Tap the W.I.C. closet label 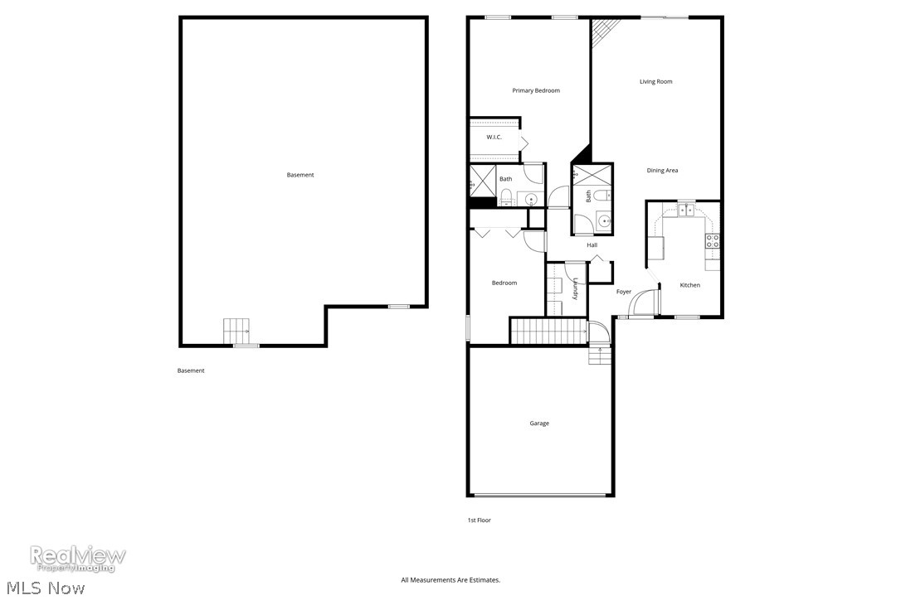(494, 137)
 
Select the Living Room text (655, 81)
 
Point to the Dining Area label (662, 171)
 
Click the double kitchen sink (686, 210)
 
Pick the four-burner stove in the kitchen (712, 241)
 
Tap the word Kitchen (689, 285)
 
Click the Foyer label (624, 292)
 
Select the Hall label (592, 245)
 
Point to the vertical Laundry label (574, 288)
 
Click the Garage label (539, 423)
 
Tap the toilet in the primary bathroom (505, 196)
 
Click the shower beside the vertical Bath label (592, 175)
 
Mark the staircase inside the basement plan (237, 331)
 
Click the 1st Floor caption (479, 520)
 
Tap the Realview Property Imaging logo (78, 558)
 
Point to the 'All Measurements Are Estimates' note (450, 580)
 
